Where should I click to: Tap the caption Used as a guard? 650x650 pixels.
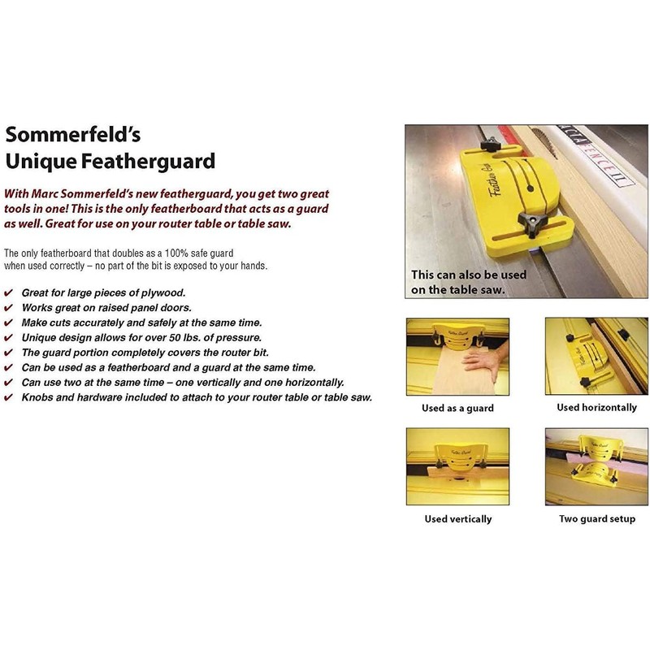[x=457, y=408]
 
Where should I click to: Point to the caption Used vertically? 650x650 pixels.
[x=457, y=518]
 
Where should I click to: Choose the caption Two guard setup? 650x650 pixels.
[x=597, y=518]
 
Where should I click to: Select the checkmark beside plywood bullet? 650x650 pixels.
[x=8, y=292]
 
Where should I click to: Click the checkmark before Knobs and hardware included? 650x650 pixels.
[x=8, y=397]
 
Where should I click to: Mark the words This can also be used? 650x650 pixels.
[x=459, y=275]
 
